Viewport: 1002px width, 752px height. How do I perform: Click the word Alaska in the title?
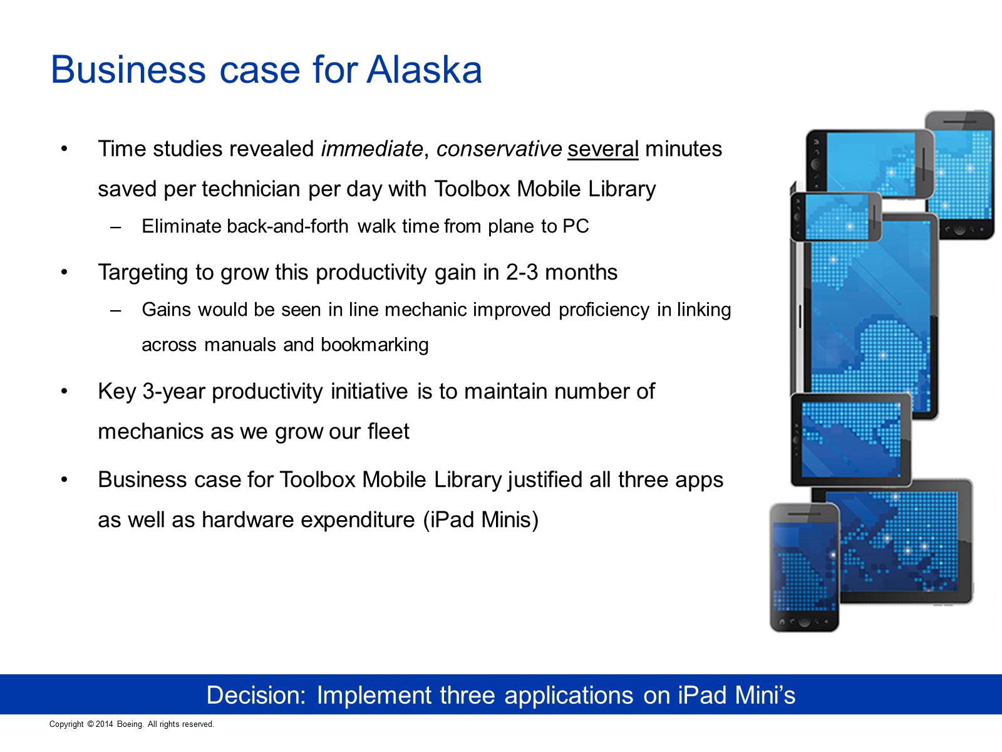pyautogui.click(x=424, y=70)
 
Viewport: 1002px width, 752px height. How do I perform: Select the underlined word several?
pyautogui.click(x=602, y=149)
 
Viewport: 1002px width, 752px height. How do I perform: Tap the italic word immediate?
pyautogui.click(x=372, y=149)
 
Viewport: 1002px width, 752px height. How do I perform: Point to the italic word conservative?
pyautogui.click(x=499, y=149)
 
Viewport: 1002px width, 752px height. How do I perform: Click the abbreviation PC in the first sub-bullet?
pyautogui.click(x=576, y=226)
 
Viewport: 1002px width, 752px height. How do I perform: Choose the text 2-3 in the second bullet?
pyautogui.click(x=522, y=272)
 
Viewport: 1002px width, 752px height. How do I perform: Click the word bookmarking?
pyautogui.click(x=374, y=345)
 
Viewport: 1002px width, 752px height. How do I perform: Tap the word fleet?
pyautogui.click(x=388, y=431)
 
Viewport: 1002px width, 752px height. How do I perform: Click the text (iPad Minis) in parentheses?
pyautogui.click(x=481, y=520)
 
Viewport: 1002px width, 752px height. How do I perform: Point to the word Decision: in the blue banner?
pyautogui.click(x=256, y=696)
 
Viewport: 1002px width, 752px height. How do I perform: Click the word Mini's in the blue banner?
pyautogui.click(x=765, y=696)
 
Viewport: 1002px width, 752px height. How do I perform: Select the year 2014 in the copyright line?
pyautogui.click(x=104, y=724)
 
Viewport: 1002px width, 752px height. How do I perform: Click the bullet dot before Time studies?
pyautogui.click(x=65, y=149)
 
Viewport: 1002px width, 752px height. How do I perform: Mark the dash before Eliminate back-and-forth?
pyautogui.click(x=116, y=227)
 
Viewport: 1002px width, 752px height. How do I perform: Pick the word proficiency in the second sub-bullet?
pyautogui.click(x=604, y=310)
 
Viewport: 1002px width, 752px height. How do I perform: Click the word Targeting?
pyautogui.click(x=143, y=273)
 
